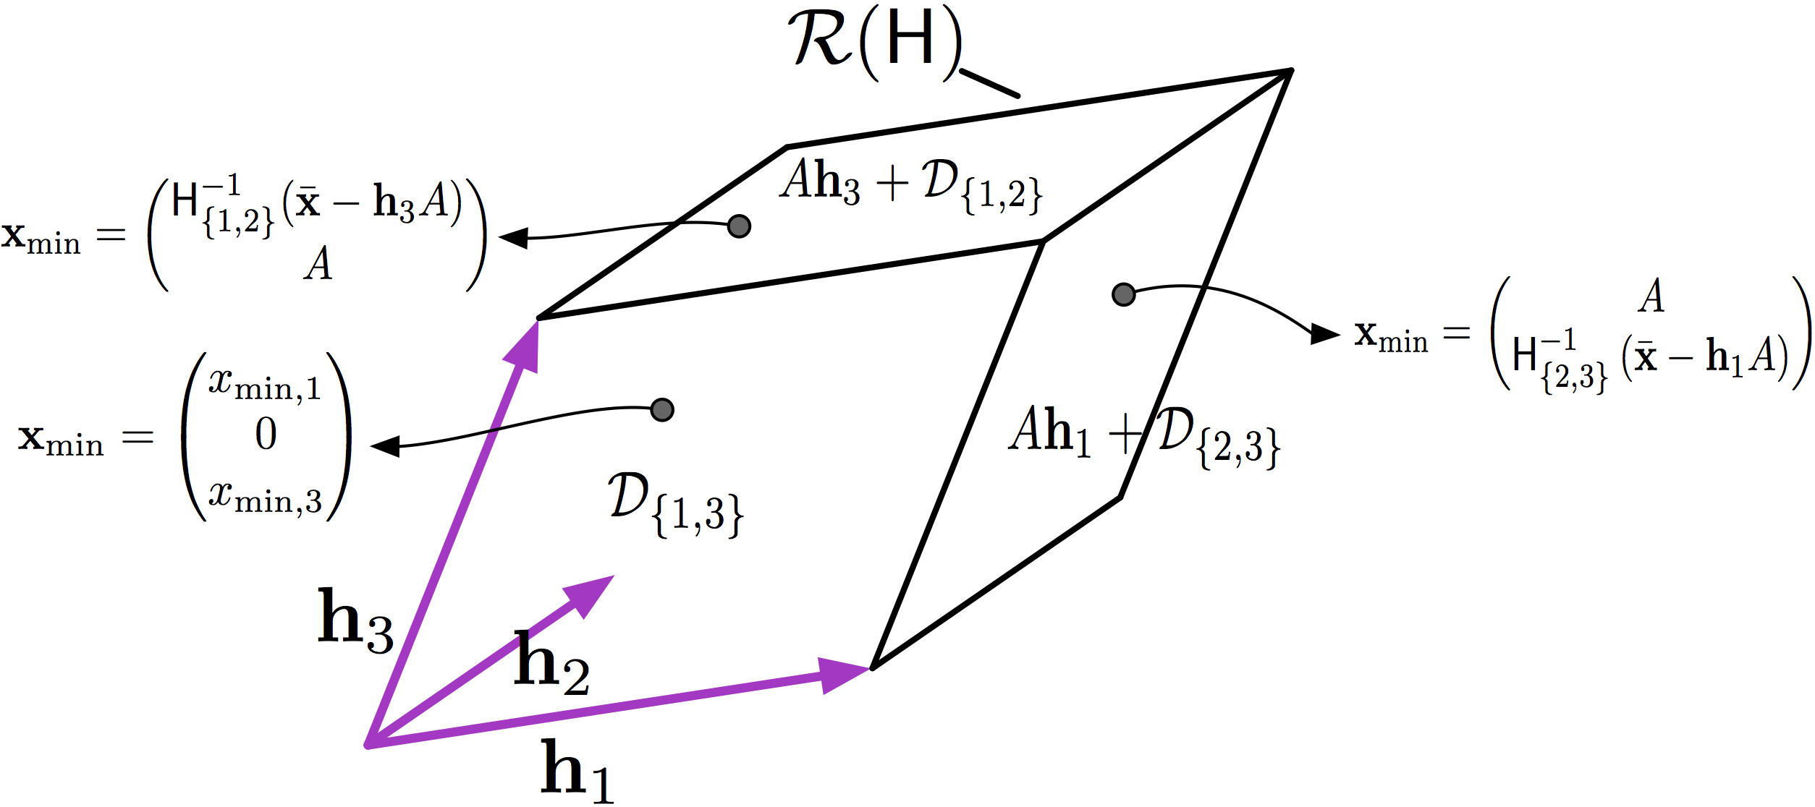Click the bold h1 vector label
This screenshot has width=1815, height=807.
[576, 771]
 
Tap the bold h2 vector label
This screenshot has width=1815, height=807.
[551, 664]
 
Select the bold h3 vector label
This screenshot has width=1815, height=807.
[355, 619]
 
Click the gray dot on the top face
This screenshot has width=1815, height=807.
[739, 226]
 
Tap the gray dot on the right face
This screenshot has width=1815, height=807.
[1123, 294]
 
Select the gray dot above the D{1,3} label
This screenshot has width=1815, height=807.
[662, 410]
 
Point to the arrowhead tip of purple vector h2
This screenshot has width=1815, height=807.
[613, 577]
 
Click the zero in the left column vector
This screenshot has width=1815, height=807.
[266, 435]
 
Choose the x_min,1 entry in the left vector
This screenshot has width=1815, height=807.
[265, 383]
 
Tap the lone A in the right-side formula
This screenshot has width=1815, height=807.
[1651, 296]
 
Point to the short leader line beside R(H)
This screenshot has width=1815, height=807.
[989, 82]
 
